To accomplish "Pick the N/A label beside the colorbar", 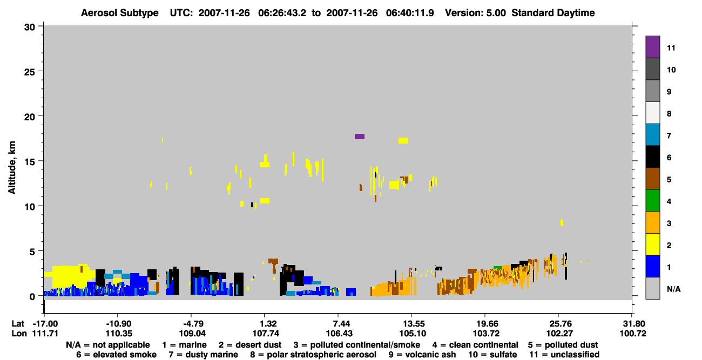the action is coord(673,289).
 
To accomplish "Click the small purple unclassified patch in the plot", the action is coord(360,137).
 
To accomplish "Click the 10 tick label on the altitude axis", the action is coord(30,207).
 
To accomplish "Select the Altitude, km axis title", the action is coord(12,167).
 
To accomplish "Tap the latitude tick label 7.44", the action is coord(339,324).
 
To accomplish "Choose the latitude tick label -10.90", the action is coord(118,324).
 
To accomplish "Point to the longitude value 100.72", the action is coord(633,334).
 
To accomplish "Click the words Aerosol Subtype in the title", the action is coord(120,13).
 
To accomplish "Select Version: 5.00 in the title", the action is coord(475,13).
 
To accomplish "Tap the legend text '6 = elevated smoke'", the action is coord(116,355).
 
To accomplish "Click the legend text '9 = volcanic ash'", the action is coord(422,355).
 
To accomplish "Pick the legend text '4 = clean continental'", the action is coord(475,345).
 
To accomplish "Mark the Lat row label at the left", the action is coord(18,324).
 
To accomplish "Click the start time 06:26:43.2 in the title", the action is coord(282,13).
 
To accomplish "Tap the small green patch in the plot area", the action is coord(498,268).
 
